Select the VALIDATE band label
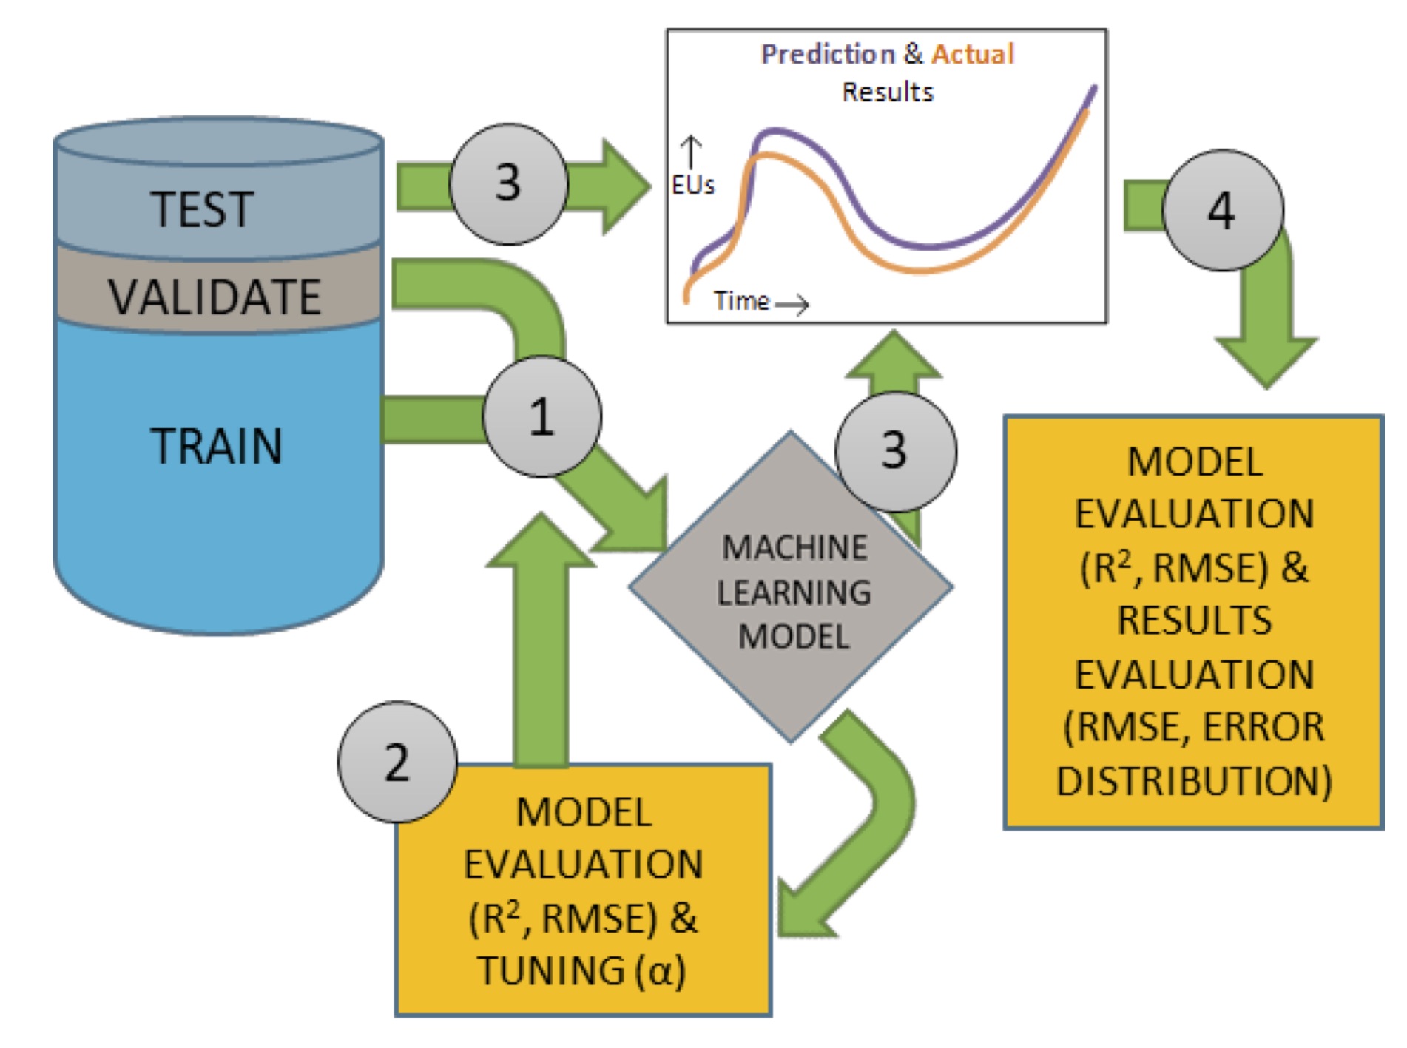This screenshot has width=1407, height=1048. (x=215, y=297)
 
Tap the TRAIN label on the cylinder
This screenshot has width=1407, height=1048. (x=216, y=446)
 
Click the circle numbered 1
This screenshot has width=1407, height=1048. (x=541, y=416)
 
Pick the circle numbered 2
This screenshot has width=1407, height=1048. (x=397, y=762)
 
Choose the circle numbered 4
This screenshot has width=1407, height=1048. (x=1222, y=210)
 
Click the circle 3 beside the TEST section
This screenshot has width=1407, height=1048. (x=508, y=183)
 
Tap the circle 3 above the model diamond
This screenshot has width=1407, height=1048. (x=895, y=450)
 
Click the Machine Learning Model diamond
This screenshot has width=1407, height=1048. (x=792, y=592)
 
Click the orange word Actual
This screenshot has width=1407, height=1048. (x=972, y=54)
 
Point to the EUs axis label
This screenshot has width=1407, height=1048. (x=693, y=185)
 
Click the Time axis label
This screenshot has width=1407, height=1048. (x=741, y=301)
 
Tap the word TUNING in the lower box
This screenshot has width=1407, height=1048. (x=551, y=970)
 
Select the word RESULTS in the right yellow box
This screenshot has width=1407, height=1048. (x=1194, y=620)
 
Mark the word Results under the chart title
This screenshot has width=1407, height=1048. (x=888, y=92)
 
